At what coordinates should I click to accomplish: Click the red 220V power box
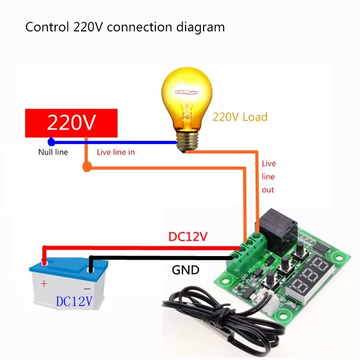point(71,123)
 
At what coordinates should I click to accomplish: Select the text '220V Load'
point(240,117)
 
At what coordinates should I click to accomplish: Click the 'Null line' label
point(53,152)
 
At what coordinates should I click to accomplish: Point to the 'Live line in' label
point(116,152)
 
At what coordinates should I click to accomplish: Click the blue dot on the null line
point(51,142)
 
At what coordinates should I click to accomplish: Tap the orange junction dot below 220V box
point(87,167)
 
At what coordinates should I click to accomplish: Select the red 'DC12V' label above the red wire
point(188,237)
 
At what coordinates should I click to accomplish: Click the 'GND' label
point(186,270)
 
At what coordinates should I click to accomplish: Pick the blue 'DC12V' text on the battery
point(74,301)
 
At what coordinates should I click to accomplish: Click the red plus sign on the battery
point(44,284)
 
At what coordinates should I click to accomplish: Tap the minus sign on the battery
point(87,289)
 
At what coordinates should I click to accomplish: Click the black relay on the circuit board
point(278,227)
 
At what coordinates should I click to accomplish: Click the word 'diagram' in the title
point(201,27)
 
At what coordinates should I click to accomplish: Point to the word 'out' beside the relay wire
point(268,190)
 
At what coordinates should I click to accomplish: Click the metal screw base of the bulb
point(187,141)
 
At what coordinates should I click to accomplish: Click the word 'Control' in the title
point(47,27)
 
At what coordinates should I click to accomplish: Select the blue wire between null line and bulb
point(114,142)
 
